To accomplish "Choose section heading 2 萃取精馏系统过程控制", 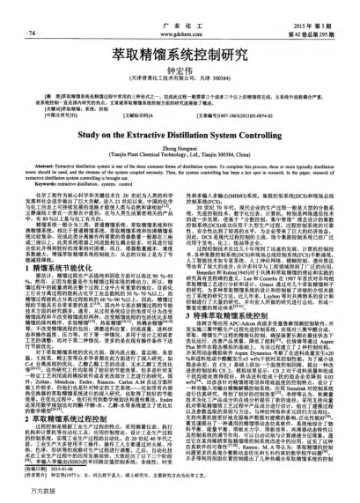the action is [60, 396].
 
